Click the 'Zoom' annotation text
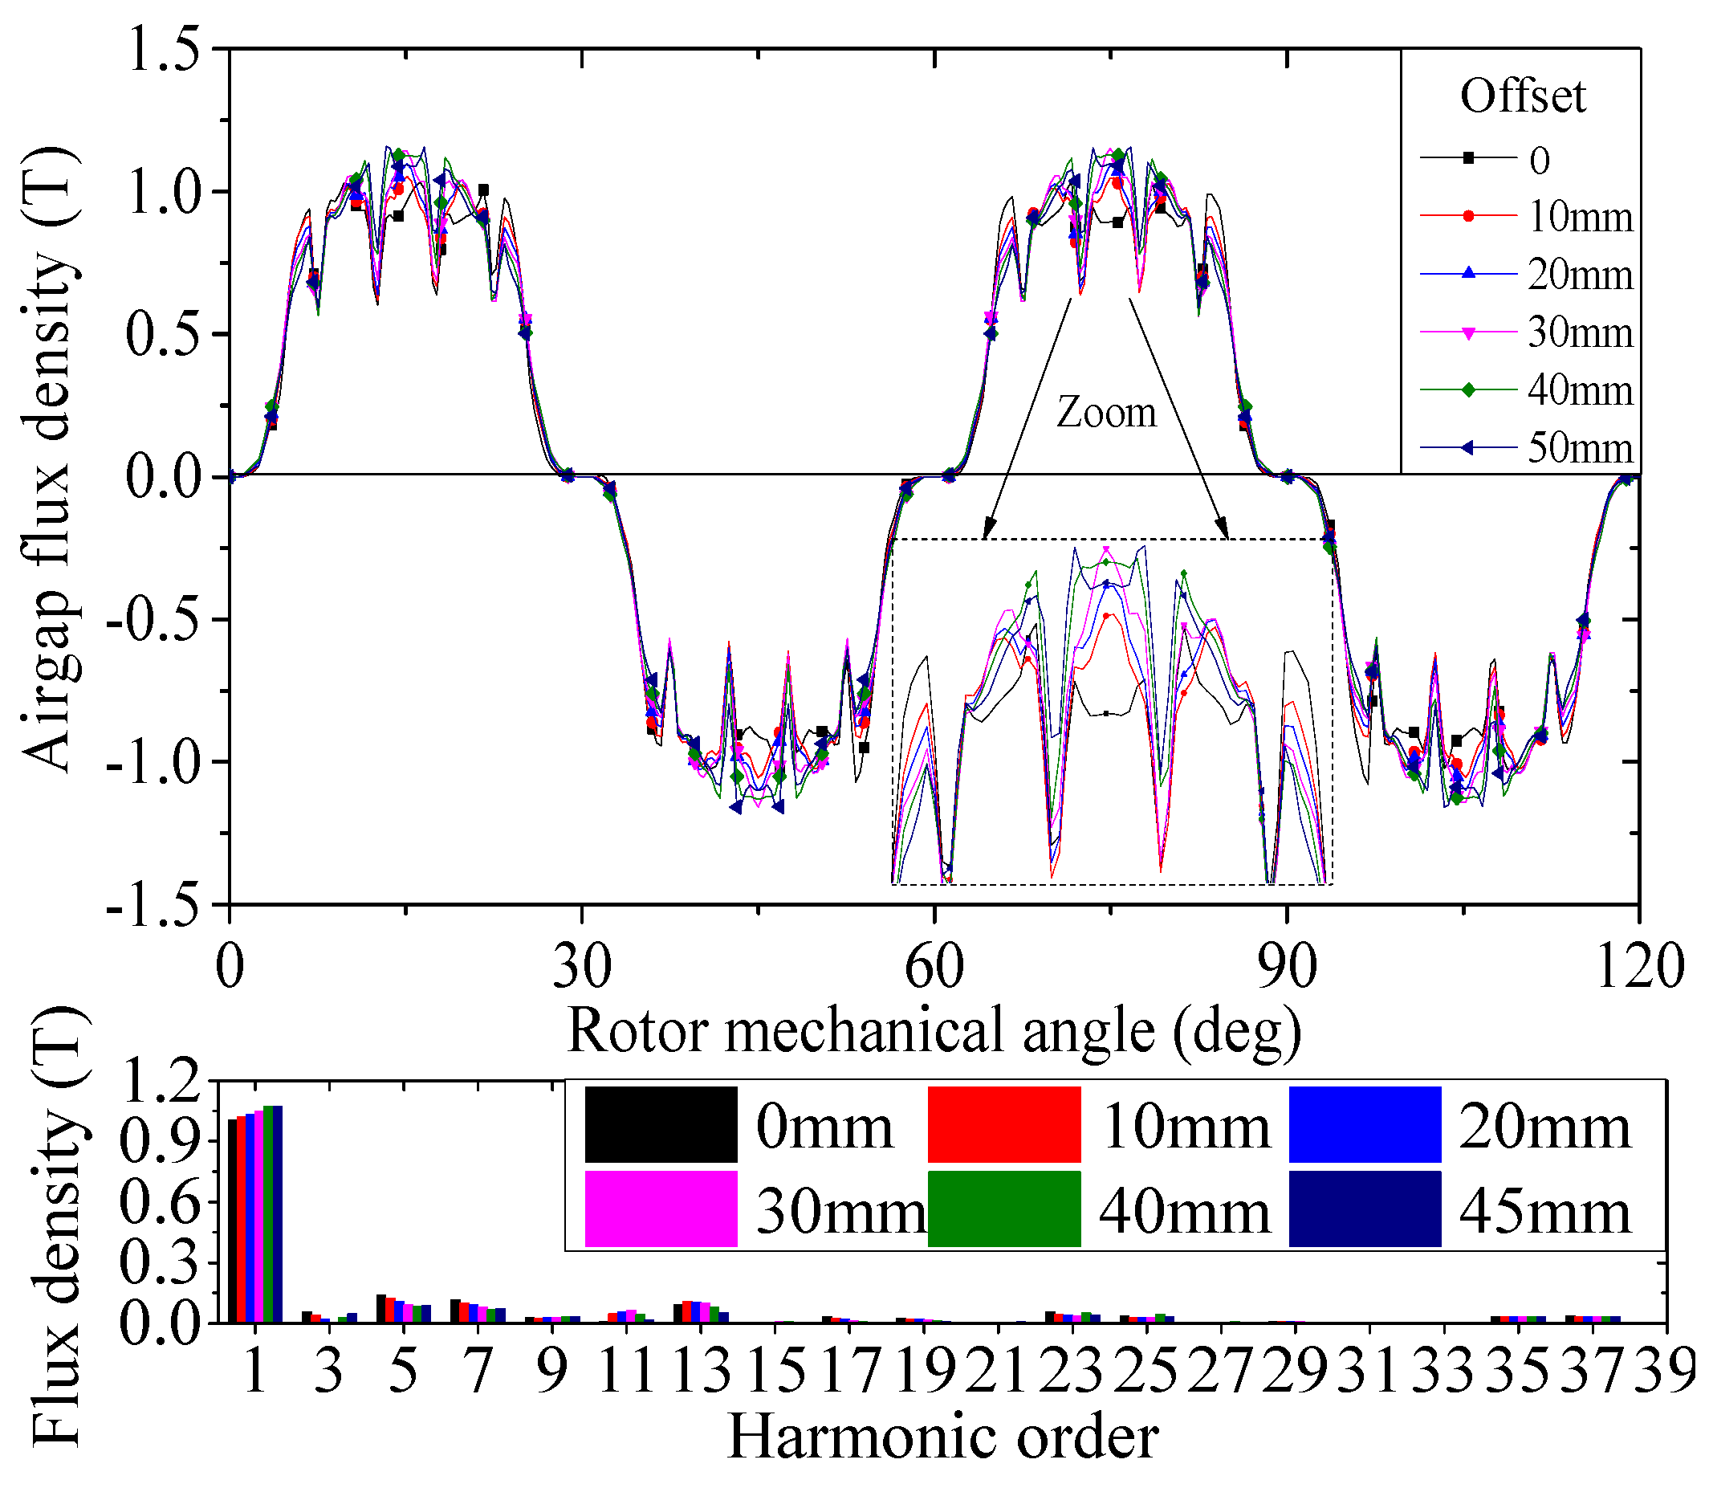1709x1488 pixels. [1105, 413]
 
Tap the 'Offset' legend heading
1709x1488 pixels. [1522, 96]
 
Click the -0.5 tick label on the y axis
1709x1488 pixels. [153, 618]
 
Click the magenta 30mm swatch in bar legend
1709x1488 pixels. [661, 1209]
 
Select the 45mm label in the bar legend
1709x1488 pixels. [1544, 1213]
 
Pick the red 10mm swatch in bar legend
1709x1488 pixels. [1003, 1124]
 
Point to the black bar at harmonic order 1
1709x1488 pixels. [233, 1221]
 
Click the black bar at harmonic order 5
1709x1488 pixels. [381, 1309]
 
